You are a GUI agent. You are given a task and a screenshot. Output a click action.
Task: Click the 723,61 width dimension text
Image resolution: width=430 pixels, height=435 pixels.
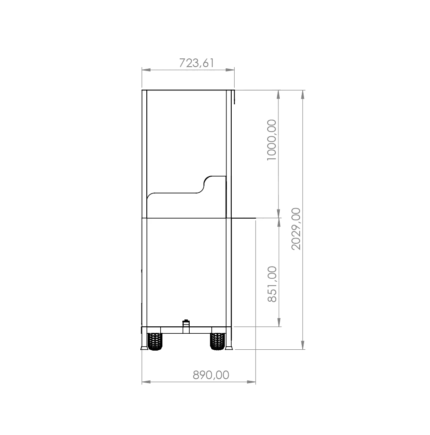pyautogui.click(x=197, y=63)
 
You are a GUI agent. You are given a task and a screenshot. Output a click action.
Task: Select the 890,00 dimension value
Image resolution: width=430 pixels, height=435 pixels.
pyautogui.click(x=211, y=375)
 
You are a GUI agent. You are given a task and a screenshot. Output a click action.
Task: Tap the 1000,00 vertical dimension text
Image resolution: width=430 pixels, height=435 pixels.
pyautogui.click(x=272, y=140)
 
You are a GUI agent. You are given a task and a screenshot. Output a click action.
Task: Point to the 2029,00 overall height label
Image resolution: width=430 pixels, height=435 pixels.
pyautogui.click(x=296, y=229)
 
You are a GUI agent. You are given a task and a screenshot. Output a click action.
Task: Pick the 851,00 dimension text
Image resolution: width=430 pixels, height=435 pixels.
pyautogui.click(x=272, y=284)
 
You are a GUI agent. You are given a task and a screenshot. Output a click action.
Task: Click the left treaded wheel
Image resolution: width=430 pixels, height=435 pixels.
pyautogui.click(x=155, y=341)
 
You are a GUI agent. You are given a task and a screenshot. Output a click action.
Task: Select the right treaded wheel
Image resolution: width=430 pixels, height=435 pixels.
pyautogui.click(x=218, y=341)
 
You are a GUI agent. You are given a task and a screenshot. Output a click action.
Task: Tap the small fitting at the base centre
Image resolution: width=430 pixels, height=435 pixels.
pyautogui.click(x=186, y=326)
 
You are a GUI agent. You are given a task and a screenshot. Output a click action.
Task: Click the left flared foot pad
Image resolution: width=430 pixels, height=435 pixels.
pyautogui.click(x=144, y=348)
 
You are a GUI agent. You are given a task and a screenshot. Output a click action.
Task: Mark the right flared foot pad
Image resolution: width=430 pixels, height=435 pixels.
pyautogui.click(x=229, y=348)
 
